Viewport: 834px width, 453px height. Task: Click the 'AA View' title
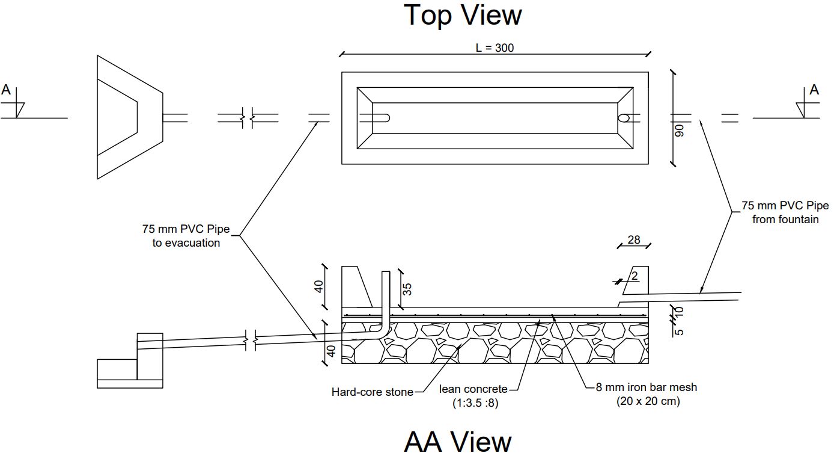458,440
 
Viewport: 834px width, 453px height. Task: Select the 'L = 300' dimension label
495,48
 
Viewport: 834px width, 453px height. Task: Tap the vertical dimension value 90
680,131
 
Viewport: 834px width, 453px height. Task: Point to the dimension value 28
634,240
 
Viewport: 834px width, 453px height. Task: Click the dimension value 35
407,289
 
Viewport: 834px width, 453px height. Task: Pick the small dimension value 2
635,276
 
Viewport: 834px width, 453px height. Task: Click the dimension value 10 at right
680,312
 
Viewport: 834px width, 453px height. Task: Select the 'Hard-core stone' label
373,392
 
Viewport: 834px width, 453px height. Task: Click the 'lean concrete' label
473,390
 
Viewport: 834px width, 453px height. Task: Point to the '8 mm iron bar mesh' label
647,387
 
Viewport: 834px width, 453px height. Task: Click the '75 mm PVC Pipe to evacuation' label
181,236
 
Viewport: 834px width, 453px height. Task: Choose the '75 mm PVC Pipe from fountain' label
785,212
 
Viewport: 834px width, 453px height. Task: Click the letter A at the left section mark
6,90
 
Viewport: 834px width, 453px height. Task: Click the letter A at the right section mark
814,90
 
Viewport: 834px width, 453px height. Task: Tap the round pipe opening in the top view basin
624,118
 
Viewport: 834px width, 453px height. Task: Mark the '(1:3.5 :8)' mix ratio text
475,404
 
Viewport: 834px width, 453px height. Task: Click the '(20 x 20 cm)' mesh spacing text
648,401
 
